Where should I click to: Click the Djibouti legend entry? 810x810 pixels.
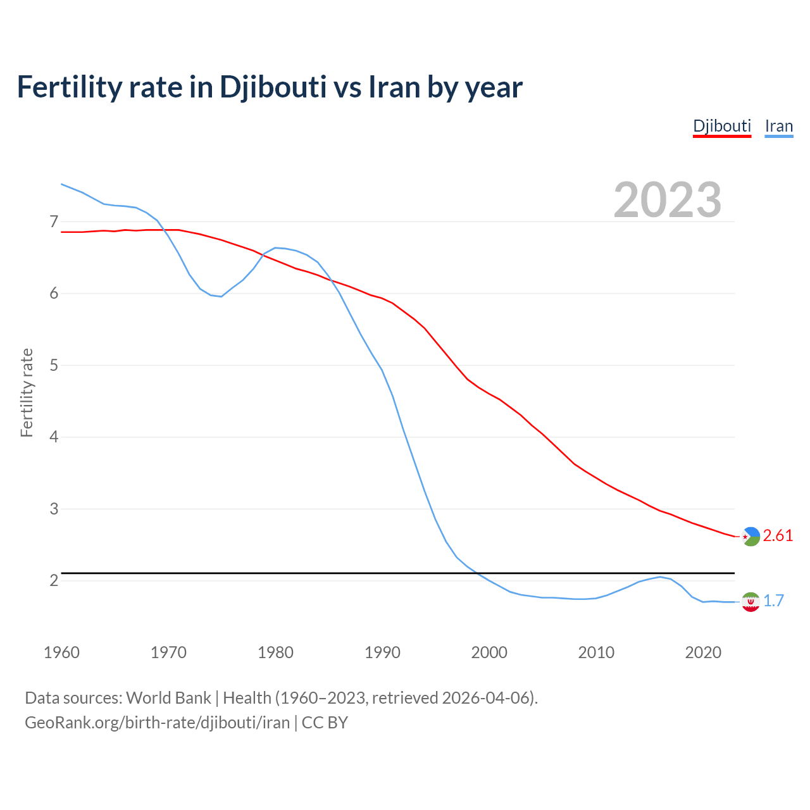pyautogui.click(x=722, y=126)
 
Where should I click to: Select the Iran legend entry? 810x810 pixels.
pyautogui.click(x=779, y=126)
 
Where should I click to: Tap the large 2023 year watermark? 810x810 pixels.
pyautogui.click(x=667, y=200)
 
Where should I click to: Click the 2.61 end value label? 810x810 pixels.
pyautogui.click(x=778, y=535)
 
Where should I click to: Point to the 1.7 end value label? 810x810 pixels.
pyautogui.click(x=773, y=601)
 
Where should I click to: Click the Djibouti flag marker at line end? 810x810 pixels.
pyautogui.click(x=751, y=536)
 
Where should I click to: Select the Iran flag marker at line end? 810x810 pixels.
pyautogui.click(x=751, y=602)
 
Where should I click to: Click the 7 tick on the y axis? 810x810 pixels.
pyautogui.click(x=54, y=221)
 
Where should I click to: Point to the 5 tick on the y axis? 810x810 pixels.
pyautogui.click(x=54, y=365)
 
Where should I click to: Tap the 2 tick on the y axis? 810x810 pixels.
pyautogui.click(x=54, y=580)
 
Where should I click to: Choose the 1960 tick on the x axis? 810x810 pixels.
pyautogui.click(x=61, y=652)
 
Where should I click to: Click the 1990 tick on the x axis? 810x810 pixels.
pyautogui.click(x=382, y=652)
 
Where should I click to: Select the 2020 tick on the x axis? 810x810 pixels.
pyautogui.click(x=703, y=652)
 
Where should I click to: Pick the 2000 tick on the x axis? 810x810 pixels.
pyautogui.click(x=489, y=652)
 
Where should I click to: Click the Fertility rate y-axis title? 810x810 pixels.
pyautogui.click(x=27, y=392)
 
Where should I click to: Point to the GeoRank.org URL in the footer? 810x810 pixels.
pyautogui.click(x=157, y=722)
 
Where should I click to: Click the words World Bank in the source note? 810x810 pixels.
pyautogui.click(x=168, y=697)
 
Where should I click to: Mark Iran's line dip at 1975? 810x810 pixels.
pyautogui.click(x=221, y=296)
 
